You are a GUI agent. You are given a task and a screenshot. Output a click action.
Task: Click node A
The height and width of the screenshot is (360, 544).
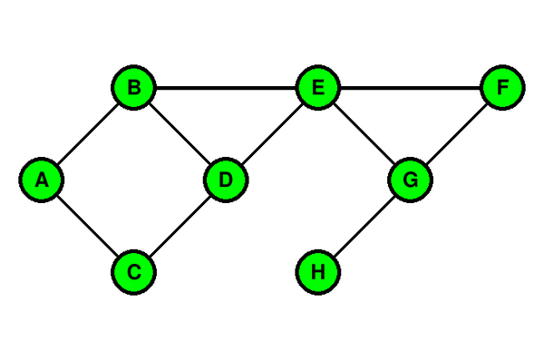pyautogui.click(x=42, y=180)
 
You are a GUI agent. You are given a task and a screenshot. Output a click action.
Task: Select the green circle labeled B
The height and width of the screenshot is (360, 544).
pyautogui.click(x=133, y=87)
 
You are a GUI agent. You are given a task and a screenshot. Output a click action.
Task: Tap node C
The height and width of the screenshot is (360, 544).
pyautogui.click(x=133, y=272)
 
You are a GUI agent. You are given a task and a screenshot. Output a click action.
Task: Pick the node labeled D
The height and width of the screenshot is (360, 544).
pyautogui.click(x=226, y=180)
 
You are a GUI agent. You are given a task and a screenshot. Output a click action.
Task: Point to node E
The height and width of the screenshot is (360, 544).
pyautogui.click(x=318, y=87)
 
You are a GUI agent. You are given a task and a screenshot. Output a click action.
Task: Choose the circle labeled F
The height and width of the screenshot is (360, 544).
pyautogui.click(x=502, y=87)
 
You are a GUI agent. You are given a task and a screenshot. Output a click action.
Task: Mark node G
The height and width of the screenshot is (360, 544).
pyautogui.click(x=411, y=180)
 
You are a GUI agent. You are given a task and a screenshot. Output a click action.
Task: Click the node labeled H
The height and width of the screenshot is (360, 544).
pyautogui.click(x=318, y=272)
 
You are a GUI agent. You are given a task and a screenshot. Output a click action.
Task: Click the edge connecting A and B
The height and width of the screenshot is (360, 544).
pyautogui.click(x=87, y=133)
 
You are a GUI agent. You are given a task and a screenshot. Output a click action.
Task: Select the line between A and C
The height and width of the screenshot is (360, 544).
pyautogui.click(x=87, y=226)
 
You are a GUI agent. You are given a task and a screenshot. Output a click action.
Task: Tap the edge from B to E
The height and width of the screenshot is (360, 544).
pyautogui.click(x=226, y=87)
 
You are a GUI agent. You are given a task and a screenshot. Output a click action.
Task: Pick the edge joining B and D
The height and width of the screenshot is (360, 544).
pyautogui.click(x=180, y=133)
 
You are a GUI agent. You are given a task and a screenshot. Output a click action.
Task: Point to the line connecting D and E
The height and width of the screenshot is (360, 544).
pyautogui.click(x=272, y=133)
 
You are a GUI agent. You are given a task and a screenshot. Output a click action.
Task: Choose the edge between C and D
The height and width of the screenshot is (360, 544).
pyautogui.click(x=180, y=226)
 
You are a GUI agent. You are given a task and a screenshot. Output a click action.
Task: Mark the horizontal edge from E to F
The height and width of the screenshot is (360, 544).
pyautogui.click(x=411, y=87)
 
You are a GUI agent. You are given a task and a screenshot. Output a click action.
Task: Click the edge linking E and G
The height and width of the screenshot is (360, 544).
pyautogui.click(x=364, y=133)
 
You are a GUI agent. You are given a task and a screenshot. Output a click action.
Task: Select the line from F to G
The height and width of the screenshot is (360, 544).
pyautogui.click(x=457, y=133)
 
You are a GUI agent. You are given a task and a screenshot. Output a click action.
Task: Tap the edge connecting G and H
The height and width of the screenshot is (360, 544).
pyautogui.click(x=364, y=226)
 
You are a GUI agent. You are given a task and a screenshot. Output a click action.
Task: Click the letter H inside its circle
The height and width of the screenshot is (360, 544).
pyautogui.click(x=318, y=272)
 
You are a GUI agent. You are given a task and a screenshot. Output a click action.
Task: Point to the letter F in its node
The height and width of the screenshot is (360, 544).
pyautogui.click(x=503, y=87)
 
